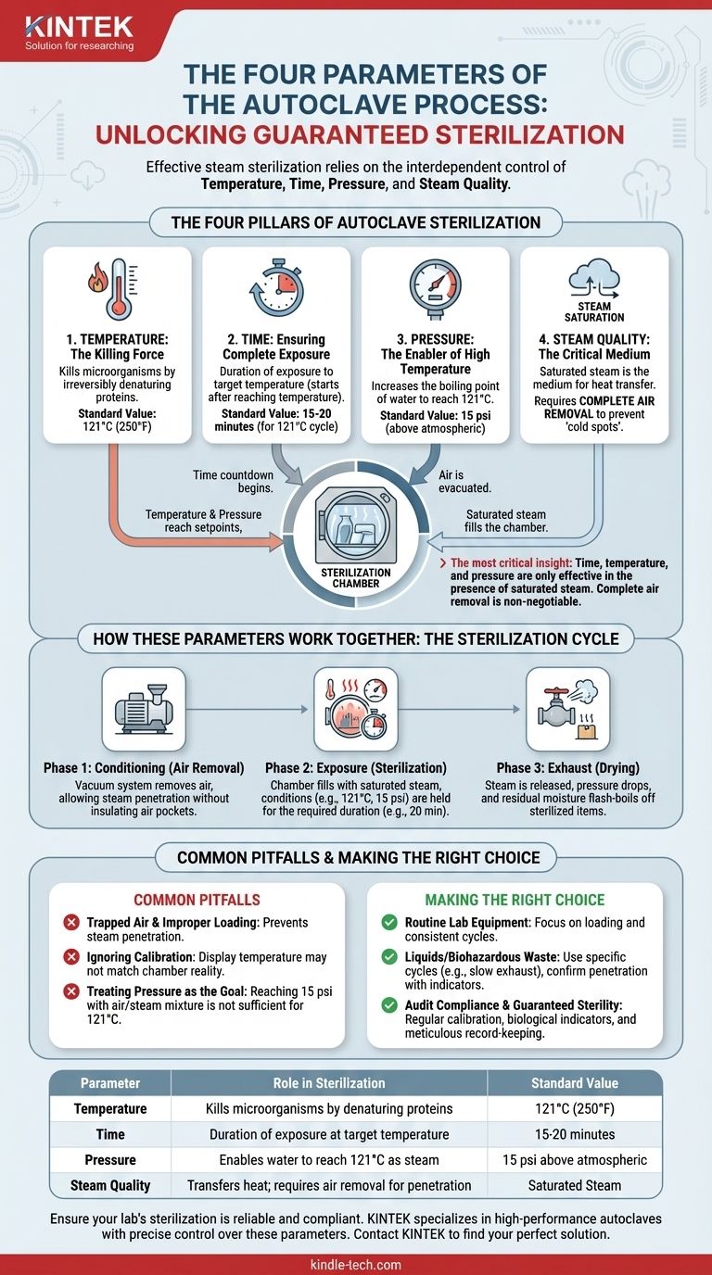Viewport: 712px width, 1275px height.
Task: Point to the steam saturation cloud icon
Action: tap(594, 278)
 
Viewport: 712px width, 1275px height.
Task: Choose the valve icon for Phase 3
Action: tap(568, 709)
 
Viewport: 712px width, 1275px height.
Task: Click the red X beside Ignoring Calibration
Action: tap(71, 962)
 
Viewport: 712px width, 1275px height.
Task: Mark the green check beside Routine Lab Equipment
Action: tap(389, 922)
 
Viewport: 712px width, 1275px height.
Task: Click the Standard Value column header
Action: tap(574, 1082)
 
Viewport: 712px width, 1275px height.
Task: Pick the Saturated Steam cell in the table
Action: tap(574, 1185)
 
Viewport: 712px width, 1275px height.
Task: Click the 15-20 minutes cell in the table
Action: tap(574, 1134)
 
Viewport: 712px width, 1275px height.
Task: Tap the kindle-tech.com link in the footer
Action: tap(356, 1264)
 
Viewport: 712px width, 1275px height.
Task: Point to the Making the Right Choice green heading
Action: tap(515, 900)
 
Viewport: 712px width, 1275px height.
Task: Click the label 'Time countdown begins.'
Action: tap(233, 480)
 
